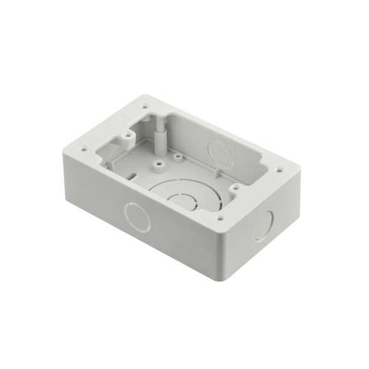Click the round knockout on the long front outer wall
137,215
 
